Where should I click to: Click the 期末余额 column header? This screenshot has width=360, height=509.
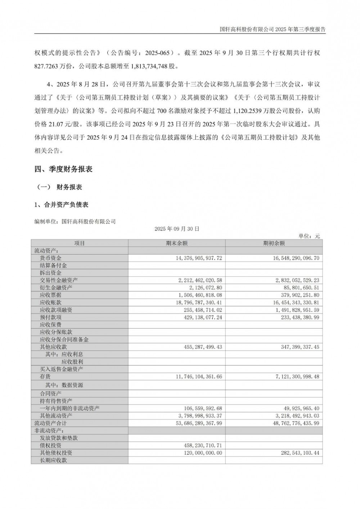tap(177, 243)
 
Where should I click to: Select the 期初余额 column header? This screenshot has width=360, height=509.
tap(274, 243)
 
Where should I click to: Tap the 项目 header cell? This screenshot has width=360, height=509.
tap(80, 243)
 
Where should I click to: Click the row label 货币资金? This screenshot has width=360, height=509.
tap(51, 258)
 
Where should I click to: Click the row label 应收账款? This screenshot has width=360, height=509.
tap(51, 302)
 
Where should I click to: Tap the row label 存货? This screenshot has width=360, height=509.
tap(45, 377)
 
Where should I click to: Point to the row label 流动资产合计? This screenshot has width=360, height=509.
tap(50, 423)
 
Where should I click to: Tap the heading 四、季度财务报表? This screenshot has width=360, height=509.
tap(64, 169)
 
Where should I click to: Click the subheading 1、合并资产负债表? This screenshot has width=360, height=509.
tap(61, 205)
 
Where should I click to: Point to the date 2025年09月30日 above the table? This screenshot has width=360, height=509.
tap(177, 229)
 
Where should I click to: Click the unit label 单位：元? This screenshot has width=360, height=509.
tap(309, 236)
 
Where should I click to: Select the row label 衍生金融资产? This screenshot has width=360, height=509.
tap(56, 288)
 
